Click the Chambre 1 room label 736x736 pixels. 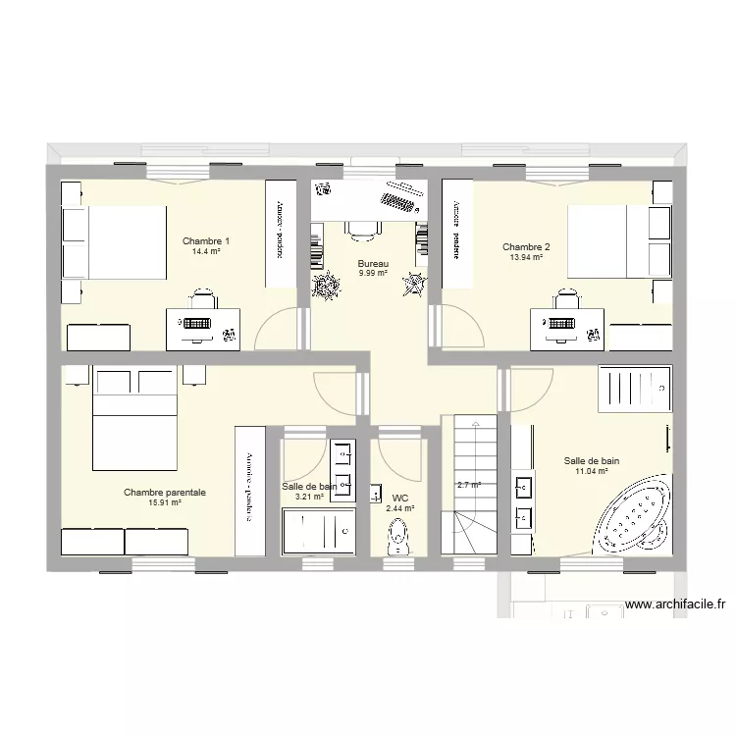(x=206, y=241)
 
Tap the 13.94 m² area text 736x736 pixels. (x=526, y=257)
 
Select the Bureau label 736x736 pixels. (x=373, y=263)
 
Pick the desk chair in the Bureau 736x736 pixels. (x=363, y=229)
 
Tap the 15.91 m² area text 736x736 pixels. (x=164, y=502)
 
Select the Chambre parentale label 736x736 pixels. (x=164, y=493)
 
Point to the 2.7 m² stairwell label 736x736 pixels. (x=469, y=485)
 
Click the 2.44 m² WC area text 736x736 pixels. (x=399, y=508)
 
